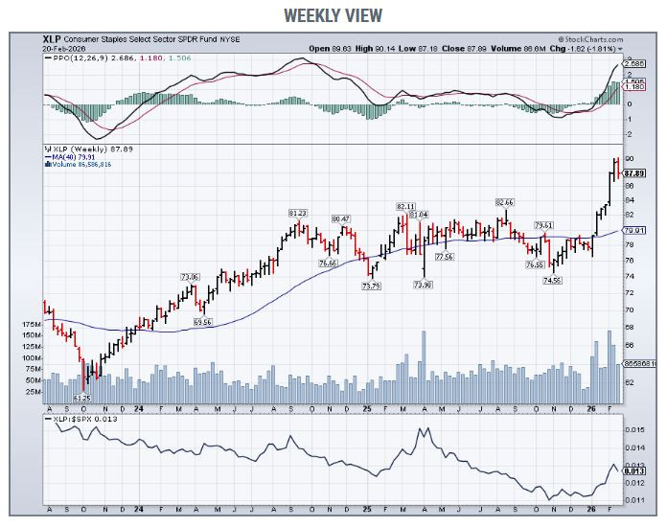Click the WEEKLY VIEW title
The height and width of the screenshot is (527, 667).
[x=333, y=14]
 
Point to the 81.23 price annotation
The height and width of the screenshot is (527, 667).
[x=297, y=213]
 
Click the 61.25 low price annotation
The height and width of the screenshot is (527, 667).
[x=81, y=397]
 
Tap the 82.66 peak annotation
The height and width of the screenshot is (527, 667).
[x=505, y=203]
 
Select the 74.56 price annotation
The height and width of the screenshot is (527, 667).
[x=552, y=280]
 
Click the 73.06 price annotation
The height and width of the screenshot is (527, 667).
[x=190, y=277]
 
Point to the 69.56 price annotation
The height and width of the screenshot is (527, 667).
[x=201, y=322]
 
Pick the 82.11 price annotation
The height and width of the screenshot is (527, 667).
[x=404, y=206]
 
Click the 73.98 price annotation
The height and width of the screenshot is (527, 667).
[x=423, y=285]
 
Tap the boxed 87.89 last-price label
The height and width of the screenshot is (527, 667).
[x=632, y=173]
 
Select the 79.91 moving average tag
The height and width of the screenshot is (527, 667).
[x=632, y=230]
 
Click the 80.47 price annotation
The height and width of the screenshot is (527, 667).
[x=340, y=219]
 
